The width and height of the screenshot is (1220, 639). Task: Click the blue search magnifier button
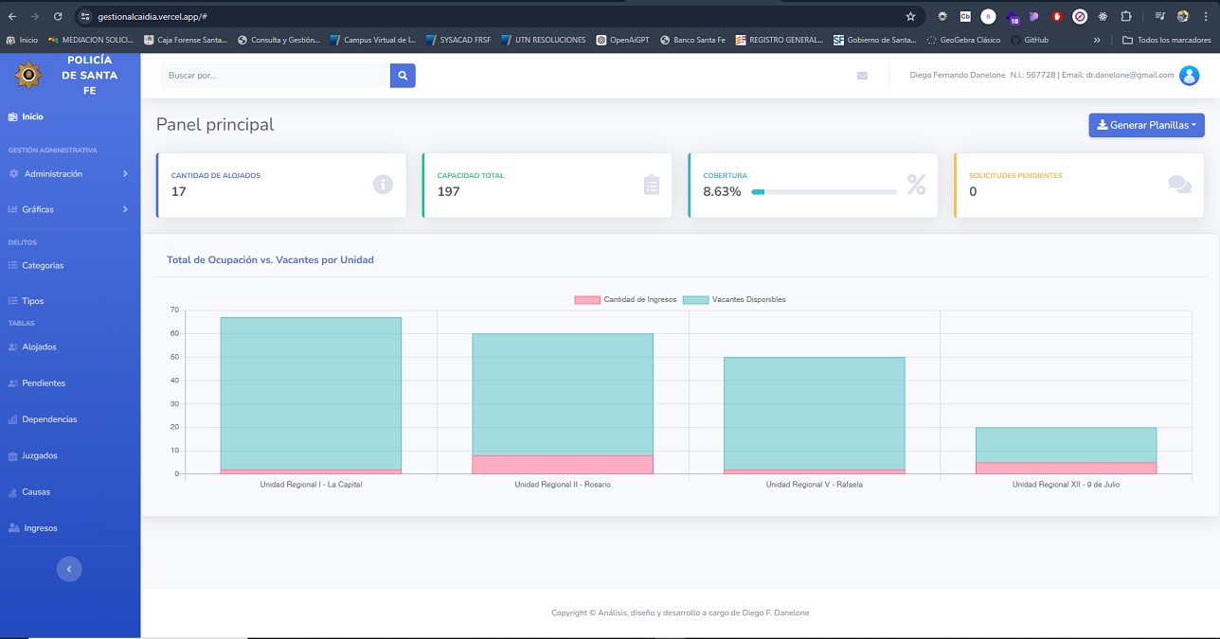pos(403,76)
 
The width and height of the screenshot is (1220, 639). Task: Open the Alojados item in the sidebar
pos(39,347)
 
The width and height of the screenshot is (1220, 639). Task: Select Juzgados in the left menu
pos(39,456)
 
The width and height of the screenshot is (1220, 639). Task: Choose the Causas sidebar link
pos(36,492)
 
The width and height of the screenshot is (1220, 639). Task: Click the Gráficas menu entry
pos(38,209)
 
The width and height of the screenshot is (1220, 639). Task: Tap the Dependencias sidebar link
pos(49,419)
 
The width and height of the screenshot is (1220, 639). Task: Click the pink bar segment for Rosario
pos(563,464)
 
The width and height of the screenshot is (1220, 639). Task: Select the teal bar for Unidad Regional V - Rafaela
pos(814,413)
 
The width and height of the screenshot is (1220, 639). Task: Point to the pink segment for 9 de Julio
pos(1066,468)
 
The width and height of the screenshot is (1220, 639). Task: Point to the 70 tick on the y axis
pos(174,310)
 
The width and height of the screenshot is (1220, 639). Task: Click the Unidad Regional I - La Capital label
pos(311,485)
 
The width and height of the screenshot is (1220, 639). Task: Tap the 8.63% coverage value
pos(722,192)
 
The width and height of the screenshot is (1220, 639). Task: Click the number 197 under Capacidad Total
pos(448,192)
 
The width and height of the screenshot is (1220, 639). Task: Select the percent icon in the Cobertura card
pos(916,185)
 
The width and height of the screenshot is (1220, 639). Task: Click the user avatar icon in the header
pos(1189,76)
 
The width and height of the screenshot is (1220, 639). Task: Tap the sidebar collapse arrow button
pos(69,569)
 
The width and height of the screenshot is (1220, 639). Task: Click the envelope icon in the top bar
pos(862,76)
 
